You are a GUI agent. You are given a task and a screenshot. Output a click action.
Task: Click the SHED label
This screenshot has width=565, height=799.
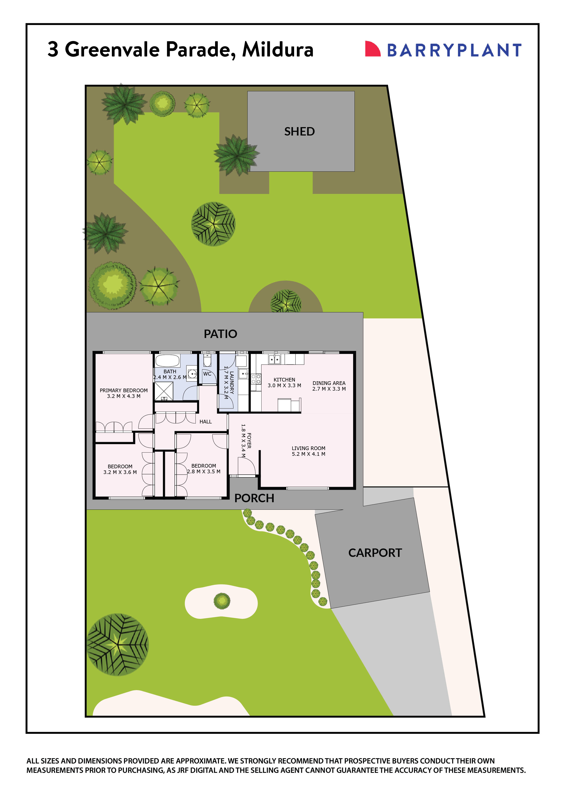coord(299,132)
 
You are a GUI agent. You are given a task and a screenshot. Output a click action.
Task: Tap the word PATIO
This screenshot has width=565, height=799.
coord(220,334)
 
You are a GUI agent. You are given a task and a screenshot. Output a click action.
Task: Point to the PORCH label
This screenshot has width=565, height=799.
coord(254,498)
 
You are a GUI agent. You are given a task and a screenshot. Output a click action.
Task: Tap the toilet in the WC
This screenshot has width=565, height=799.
coord(207,361)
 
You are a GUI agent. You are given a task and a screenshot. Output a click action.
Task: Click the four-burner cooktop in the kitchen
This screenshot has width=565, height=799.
coord(256,379)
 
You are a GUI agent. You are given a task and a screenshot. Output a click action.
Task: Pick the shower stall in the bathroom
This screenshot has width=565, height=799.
coord(164,391)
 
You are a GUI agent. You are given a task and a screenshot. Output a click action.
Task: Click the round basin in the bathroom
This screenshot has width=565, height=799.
coord(192,374)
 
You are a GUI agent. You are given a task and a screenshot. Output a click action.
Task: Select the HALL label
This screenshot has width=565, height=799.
coord(205,422)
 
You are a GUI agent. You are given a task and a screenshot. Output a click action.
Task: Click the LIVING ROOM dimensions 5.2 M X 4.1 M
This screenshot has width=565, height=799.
coord(308,454)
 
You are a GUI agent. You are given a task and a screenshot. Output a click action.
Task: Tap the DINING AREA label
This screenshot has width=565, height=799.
coord(329,383)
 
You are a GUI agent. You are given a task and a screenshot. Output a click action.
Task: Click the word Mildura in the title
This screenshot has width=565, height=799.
coord(278,49)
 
